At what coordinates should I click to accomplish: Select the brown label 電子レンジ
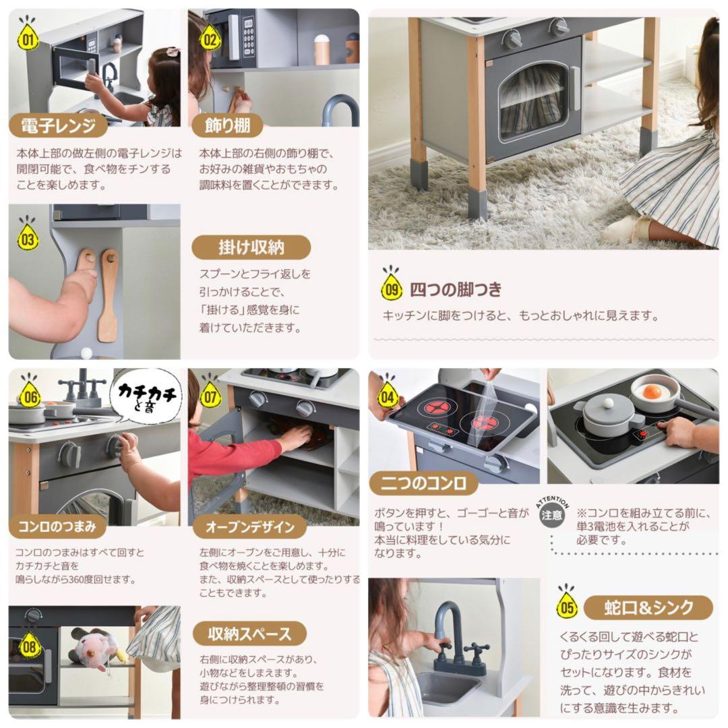(x=58, y=125)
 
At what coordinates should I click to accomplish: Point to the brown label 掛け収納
(x=251, y=247)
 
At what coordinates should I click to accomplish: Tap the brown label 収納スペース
(x=249, y=634)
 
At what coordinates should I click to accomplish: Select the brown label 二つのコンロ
(x=423, y=483)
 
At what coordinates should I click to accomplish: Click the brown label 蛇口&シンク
(x=648, y=607)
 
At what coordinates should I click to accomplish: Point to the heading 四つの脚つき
(x=456, y=290)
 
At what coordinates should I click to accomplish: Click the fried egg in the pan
(x=651, y=392)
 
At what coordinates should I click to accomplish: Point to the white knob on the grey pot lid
(x=608, y=403)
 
